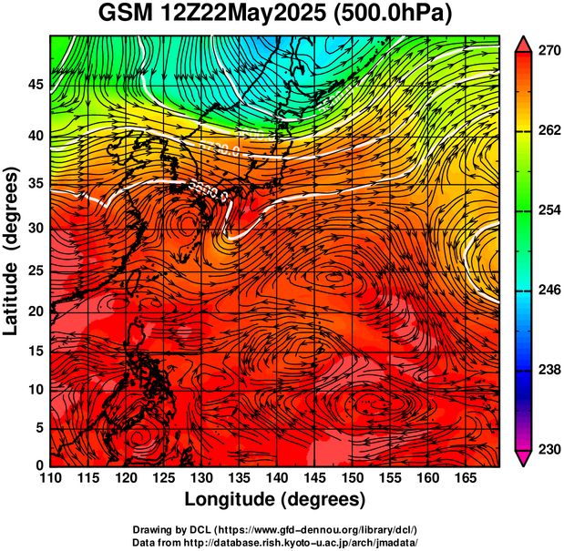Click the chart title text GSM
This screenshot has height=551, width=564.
point(126,15)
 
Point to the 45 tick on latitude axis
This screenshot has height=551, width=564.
point(34,85)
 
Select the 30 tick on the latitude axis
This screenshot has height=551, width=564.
point(34,228)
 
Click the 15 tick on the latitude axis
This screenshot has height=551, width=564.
point(34,352)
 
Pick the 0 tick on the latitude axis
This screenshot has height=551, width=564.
point(38,466)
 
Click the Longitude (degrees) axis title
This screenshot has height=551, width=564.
point(274,500)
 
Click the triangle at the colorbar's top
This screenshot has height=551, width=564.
point(523,42)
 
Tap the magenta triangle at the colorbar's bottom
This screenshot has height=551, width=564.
point(523,458)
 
